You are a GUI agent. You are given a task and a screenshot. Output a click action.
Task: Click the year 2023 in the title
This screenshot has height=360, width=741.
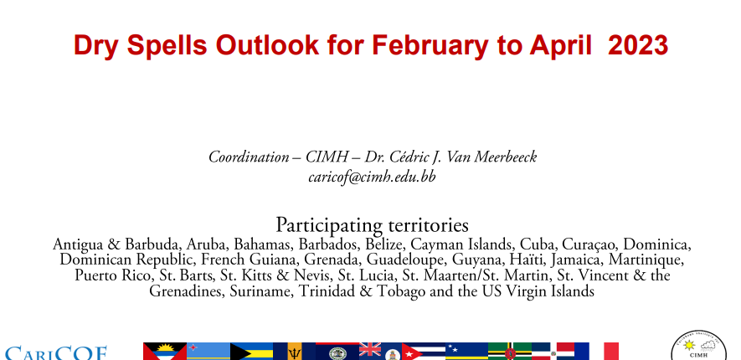coord(638,45)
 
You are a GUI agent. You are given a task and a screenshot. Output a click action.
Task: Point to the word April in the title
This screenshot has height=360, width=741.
coord(560,46)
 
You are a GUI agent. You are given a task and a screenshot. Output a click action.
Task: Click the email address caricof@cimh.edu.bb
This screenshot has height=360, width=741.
coord(372,177)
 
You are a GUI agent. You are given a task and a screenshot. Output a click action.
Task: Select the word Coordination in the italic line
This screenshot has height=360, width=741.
coord(249,157)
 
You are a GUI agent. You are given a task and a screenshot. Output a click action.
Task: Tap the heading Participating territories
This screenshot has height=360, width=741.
coord(372,225)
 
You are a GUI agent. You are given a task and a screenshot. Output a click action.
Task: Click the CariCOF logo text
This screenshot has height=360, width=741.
coord(56,353)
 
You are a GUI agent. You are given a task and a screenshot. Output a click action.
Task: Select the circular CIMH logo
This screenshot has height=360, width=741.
coord(699,347)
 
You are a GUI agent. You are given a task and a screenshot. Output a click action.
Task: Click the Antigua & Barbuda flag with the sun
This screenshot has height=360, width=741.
coord(165,352)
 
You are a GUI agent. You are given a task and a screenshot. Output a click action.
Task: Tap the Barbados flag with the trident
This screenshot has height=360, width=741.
coord(295,352)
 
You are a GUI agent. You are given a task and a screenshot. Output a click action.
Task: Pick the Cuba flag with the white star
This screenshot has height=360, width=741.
coord(424,352)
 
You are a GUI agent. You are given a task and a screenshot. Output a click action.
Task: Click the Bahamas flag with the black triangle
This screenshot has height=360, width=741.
coord(251,352)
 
